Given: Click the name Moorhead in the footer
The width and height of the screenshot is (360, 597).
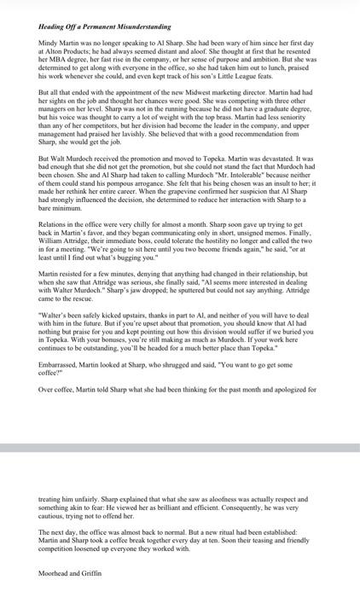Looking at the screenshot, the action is tap(56, 574).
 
